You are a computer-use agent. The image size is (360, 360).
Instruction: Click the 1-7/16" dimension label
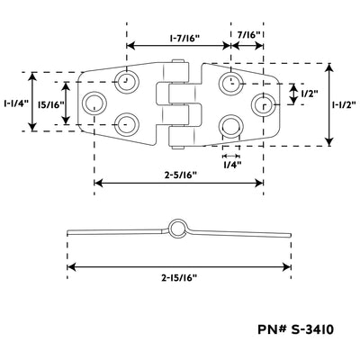(x=184, y=39)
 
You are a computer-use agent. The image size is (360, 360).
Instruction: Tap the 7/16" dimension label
(x=248, y=35)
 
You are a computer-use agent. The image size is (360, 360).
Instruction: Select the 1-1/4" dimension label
(x=16, y=103)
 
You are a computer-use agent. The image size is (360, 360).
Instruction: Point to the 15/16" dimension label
(x=51, y=104)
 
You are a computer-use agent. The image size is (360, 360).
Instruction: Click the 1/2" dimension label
(x=309, y=94)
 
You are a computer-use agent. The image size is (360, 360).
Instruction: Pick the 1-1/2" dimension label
(x=344, y=104)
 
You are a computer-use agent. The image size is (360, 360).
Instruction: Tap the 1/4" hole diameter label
(x=232, y=165)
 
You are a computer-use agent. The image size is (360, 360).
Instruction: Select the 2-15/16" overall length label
(x=179, y=278)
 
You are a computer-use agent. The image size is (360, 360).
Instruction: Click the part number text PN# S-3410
(x=295, y=329)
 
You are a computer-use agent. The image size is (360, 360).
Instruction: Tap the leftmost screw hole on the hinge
(x=94, y=103)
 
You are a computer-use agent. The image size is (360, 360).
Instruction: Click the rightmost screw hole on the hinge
(x=264, y=104)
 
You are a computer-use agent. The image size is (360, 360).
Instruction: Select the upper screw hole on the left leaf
(x=128, y=81)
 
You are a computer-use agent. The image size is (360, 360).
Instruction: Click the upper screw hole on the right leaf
(x=230, y=82)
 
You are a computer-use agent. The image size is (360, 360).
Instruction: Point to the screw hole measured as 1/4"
(x=231, y=127)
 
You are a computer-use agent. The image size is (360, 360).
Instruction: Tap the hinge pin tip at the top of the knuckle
(x=178, y=60)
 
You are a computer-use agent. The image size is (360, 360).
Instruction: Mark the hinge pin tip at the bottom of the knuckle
(x=178, y=147)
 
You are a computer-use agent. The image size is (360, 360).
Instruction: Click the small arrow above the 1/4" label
(x=231, y=156)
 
